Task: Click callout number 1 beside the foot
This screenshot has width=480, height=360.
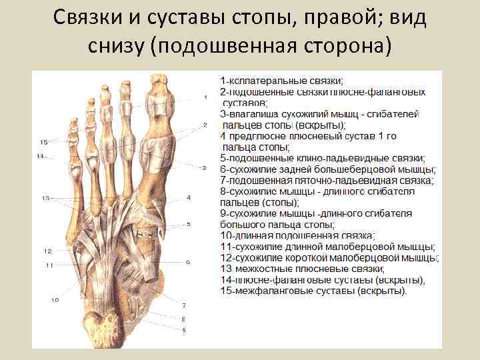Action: pos(205,97)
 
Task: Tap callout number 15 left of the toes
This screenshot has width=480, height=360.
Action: pos(43,142)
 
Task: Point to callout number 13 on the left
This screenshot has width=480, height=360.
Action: pos(45,199)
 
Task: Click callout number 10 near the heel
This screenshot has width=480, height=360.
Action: pos(55,301)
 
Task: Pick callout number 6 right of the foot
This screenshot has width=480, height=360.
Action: pos(189,262)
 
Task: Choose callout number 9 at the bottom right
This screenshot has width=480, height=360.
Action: pos(183,330)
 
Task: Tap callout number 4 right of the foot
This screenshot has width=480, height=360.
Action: pos(189,198)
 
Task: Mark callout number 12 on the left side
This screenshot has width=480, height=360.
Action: pos(48,251)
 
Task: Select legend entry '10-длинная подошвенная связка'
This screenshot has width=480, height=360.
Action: pos(297,235)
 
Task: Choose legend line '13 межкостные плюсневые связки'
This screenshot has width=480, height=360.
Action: pos(297,269)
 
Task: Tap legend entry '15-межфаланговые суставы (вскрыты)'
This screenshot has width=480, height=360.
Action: pos(314,291)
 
